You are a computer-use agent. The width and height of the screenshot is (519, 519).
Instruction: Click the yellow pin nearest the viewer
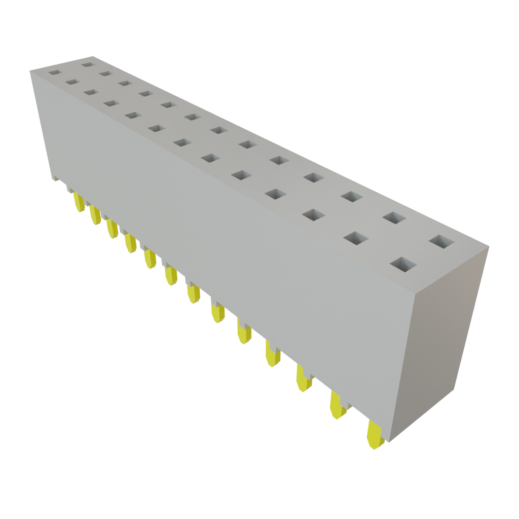coord(374,435)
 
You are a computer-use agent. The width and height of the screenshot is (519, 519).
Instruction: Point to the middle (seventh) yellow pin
coord(193,293)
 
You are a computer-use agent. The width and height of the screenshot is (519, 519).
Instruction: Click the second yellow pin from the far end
coord(95,215)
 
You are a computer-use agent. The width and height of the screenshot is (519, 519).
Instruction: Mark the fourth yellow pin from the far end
coord(130,243)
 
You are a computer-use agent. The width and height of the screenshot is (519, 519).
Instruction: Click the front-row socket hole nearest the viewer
coord(403,264)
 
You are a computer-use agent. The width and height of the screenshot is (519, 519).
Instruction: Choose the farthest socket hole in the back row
coord(88,65)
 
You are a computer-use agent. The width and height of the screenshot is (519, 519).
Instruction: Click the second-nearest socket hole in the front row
coord(357,237)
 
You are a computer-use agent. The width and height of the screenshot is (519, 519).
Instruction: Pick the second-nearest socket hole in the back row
coord(394,217)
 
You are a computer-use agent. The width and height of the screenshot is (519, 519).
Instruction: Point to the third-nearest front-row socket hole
coord(316,214)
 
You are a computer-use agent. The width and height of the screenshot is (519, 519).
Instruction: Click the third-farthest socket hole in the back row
coord(125,83)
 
